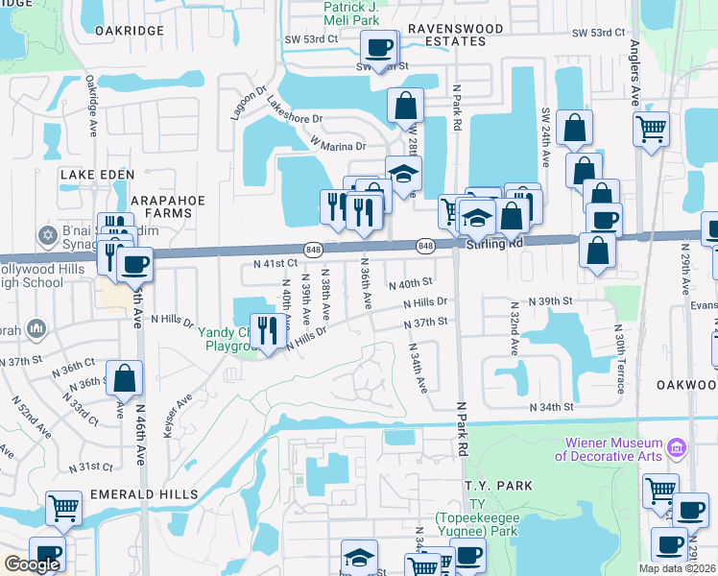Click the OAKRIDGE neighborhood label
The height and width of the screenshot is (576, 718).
coord(130,30)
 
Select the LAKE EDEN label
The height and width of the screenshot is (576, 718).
coord(93,175)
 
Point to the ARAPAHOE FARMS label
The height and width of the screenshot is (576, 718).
coord(168,205)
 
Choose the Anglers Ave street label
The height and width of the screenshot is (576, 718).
coord(634,73)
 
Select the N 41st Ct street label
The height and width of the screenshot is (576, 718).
coord(275,262)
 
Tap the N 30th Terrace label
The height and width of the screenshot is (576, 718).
coord(620,359)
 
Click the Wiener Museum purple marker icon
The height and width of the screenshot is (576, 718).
coord(677,447)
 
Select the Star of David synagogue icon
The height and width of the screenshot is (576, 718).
coord(44,235)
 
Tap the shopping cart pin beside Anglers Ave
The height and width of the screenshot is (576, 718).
coord(651,128)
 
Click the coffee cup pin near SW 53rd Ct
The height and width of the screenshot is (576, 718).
coord(378,46)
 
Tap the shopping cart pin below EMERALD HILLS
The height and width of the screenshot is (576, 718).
coord(63,507)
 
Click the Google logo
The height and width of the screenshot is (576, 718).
coord(32,564)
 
